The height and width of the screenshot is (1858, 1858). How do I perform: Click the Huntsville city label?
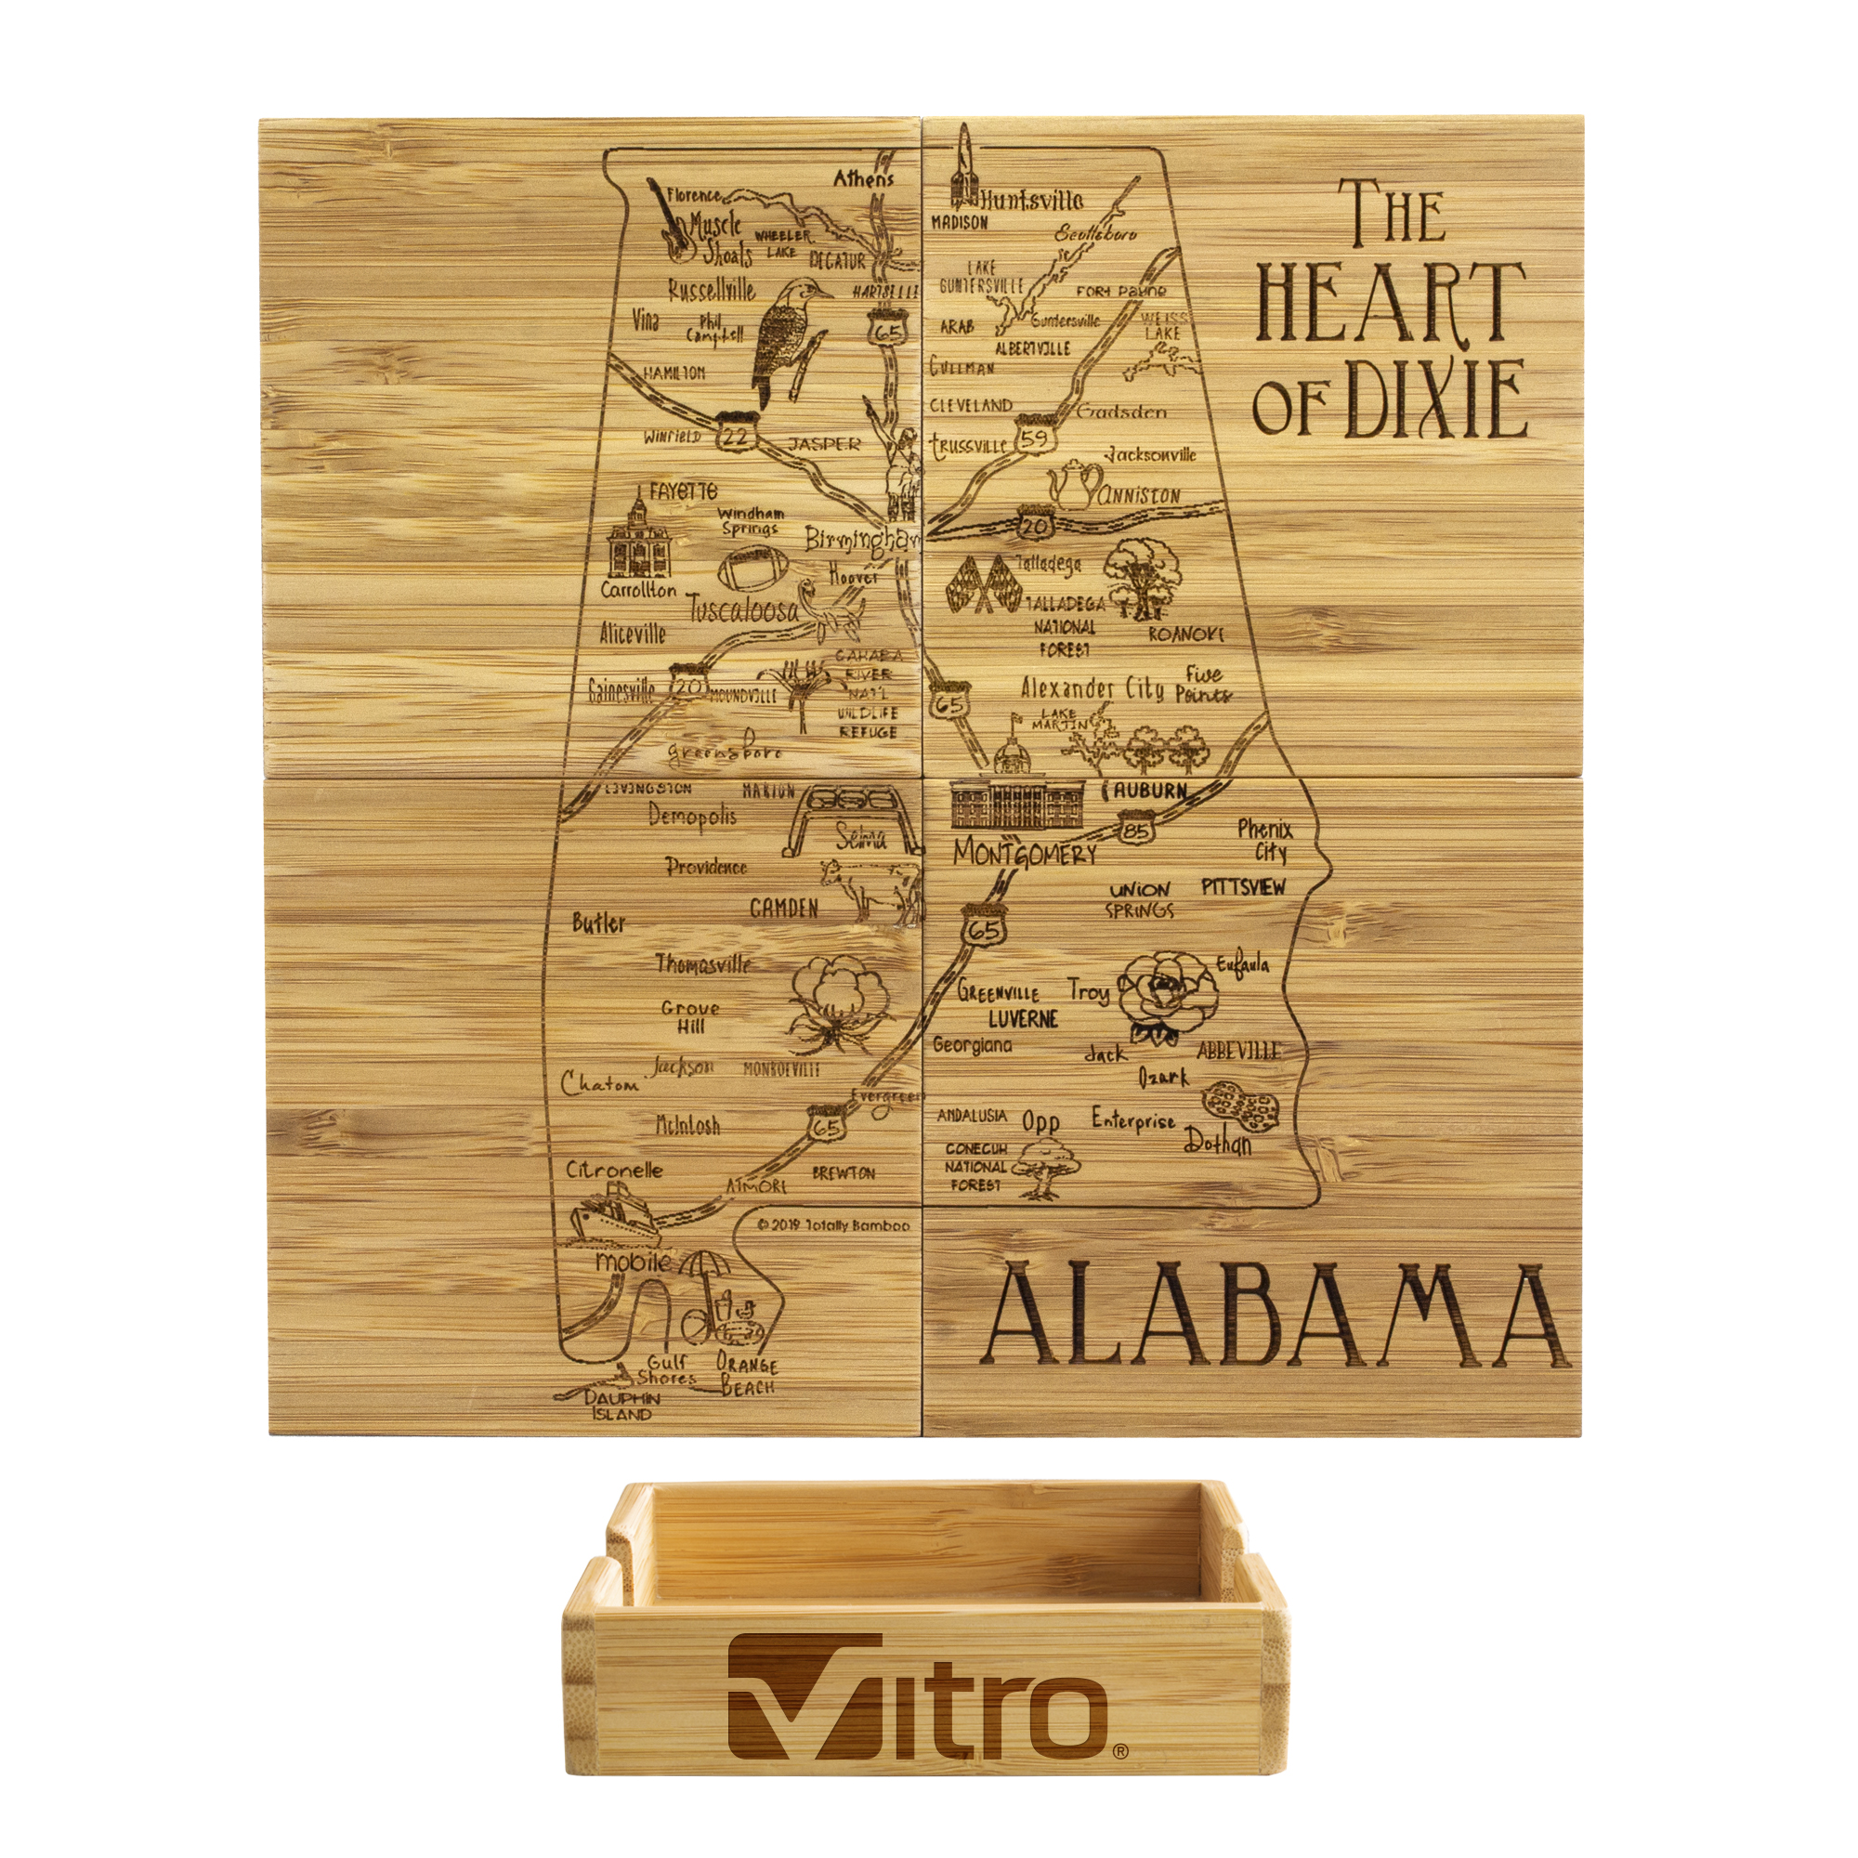pos(1031,200)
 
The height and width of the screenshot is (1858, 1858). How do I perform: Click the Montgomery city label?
pos(1023,854)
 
